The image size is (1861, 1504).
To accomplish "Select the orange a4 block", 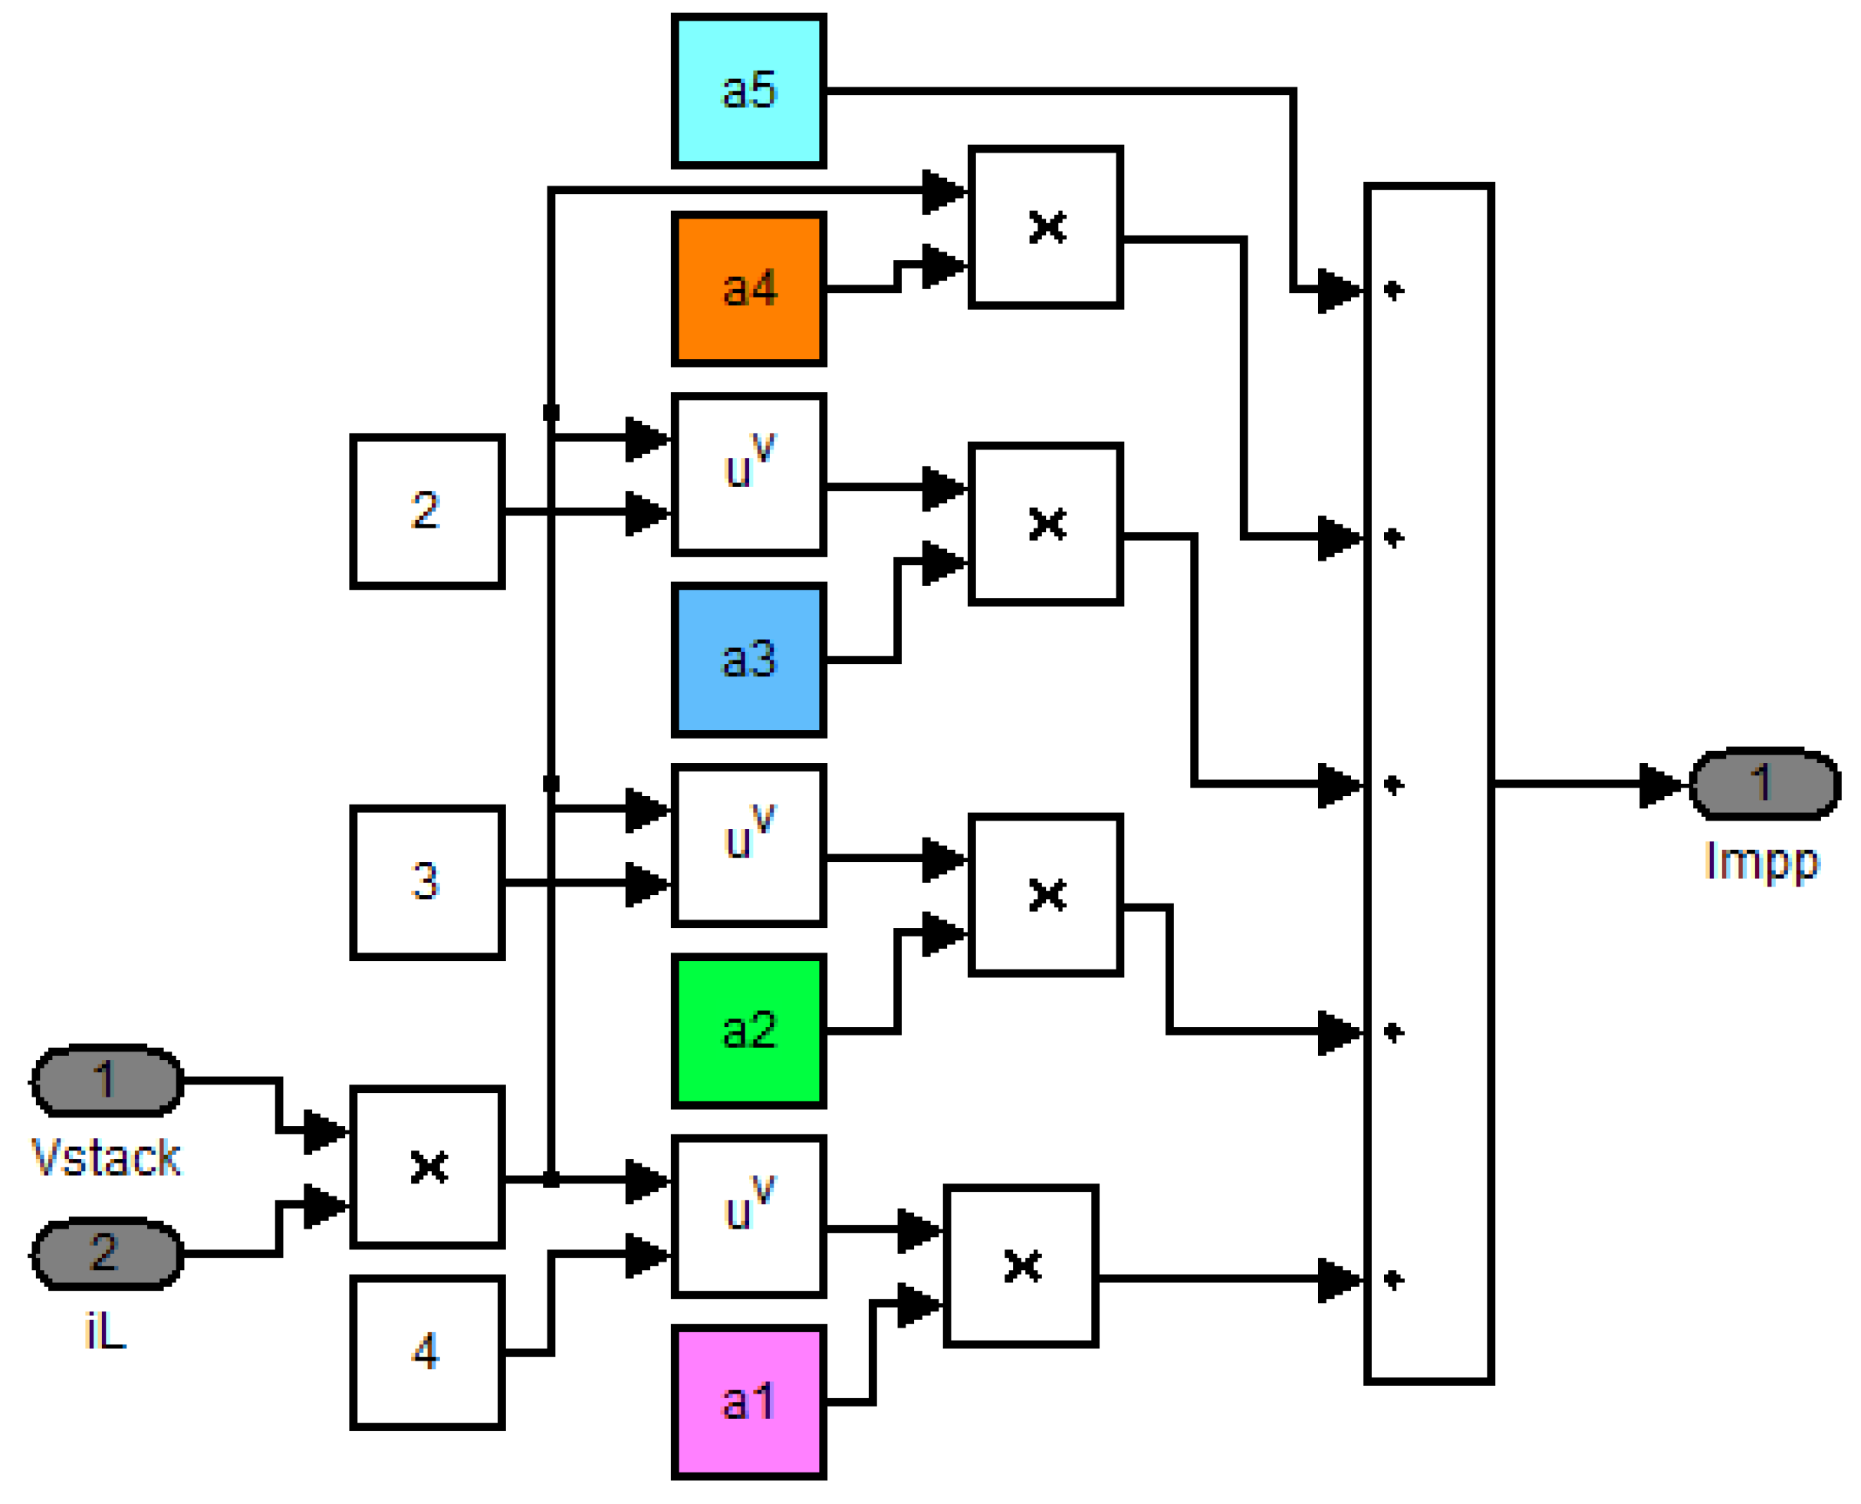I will point(748,288).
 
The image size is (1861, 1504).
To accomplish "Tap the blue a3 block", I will point(748,660).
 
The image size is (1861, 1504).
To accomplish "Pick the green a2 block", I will point(748,1031).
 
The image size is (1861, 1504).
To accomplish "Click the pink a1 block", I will point(748,1402).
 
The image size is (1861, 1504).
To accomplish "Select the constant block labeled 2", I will point(427,511).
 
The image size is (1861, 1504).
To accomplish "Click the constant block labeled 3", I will point(427,882).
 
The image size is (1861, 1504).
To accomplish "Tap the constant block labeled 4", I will point(427,1351).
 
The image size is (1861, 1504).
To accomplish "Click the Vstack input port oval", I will point(107,1081).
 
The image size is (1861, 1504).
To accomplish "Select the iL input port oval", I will point(107,1254).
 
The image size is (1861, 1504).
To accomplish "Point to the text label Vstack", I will point(106,1158).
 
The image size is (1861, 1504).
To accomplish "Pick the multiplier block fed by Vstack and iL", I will point(427,1167).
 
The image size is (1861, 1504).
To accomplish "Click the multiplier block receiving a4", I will point(1045,227).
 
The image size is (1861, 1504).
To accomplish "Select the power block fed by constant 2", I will point(748,474).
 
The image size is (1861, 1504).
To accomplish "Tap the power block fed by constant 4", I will point(748,1216).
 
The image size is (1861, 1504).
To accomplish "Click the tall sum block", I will point(1429,784).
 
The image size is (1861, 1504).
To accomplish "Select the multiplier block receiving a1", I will point(1021,1265).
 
